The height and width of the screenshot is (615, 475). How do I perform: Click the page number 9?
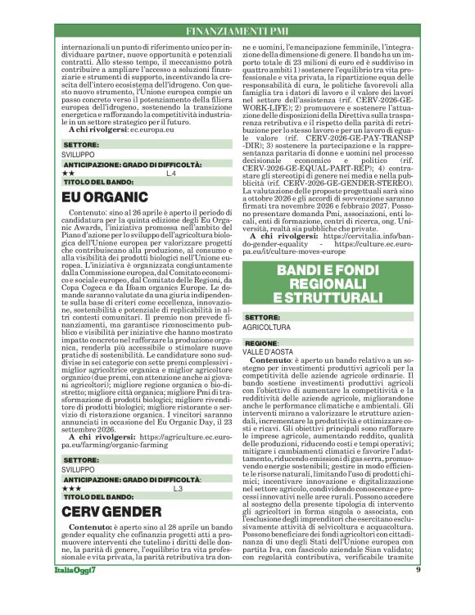[x=418, y=592]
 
